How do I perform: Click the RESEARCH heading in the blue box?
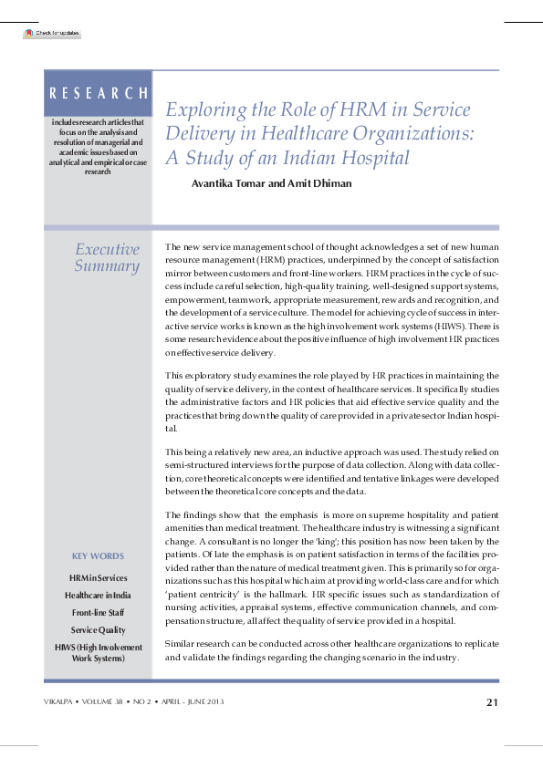click(99, 92)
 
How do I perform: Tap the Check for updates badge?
click(52, 33)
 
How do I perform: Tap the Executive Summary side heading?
click(107, 258)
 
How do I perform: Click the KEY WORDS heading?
click(98, 556)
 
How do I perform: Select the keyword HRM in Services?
click(98, 577)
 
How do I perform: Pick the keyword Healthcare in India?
click(98, 595)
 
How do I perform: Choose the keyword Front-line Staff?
click(98, 612)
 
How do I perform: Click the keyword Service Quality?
click(98, 630)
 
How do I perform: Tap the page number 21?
click(491, 701)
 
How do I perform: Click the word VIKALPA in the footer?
click(62, 701)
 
